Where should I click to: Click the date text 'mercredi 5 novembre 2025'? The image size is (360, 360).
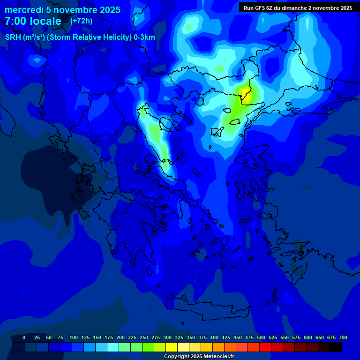pos(62,10)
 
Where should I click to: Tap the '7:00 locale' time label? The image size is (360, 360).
pos(33,21)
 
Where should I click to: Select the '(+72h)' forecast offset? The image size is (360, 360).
pos(81,21)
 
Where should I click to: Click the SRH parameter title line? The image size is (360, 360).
pos(80,37)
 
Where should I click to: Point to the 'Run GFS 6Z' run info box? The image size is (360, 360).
pos(298,7)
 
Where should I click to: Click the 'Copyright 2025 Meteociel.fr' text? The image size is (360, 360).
pos(199,356)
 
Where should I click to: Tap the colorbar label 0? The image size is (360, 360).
pos(24,337)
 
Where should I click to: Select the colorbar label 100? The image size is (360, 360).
pos(74,337)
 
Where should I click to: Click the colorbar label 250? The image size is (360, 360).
pos(144,337)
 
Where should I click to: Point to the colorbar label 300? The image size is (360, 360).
pos(167,337)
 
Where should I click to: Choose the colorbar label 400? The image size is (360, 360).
pos(214,337)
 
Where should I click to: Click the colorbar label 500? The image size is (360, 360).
pos(261,337)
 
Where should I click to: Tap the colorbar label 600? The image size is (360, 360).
pos(308,337)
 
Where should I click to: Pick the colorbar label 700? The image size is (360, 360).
pos(343,337)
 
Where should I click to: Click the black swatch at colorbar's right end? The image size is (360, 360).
pos(336,347)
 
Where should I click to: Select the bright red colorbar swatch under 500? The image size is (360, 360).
pos(265,347)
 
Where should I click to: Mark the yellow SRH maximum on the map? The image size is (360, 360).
pos(245,94)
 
